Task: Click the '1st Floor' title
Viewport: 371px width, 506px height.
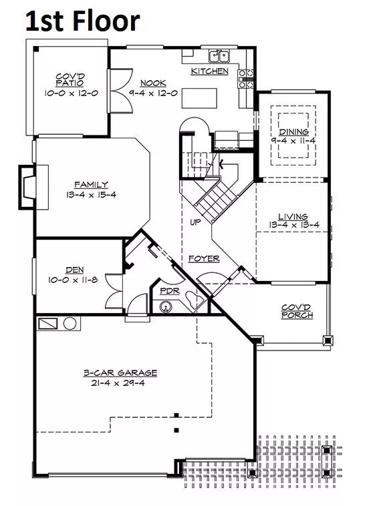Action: point(82,21)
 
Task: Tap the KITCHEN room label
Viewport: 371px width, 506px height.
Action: point(209,71)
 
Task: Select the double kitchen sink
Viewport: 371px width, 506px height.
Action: point(219,56)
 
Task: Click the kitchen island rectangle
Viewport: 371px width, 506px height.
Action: point(199,98)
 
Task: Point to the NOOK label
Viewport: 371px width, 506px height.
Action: point(153,83)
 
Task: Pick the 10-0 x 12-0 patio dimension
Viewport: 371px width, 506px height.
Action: point(71,93)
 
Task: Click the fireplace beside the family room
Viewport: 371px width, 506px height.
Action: point(27,187)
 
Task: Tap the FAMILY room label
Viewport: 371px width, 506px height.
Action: point(91,185)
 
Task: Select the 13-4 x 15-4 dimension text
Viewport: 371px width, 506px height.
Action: point(91,195)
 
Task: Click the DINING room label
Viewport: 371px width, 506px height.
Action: point(293,132)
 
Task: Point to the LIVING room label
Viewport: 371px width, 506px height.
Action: point(293,216)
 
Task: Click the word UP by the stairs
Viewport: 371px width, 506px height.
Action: point(195,222)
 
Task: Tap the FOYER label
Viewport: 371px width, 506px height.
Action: point(204,258)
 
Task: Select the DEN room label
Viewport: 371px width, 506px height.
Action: point(75,270)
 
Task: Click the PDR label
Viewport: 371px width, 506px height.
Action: point(170,291)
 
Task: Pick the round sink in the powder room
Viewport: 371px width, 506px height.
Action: point(166,307)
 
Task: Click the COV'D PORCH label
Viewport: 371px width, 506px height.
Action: point(297,311)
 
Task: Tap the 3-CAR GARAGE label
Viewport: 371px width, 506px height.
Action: point(120,372)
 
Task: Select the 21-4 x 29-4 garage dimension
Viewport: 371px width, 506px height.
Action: point(118,383)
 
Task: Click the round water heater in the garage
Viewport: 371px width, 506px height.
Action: point(70,323)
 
